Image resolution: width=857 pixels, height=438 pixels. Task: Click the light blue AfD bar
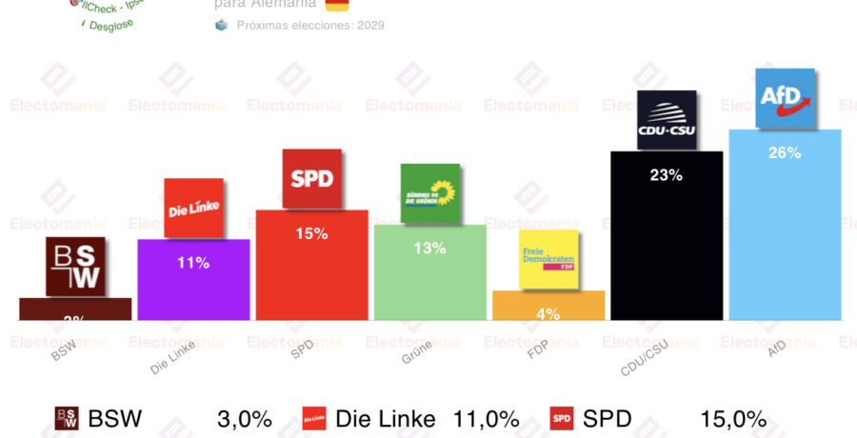tap(785, 238)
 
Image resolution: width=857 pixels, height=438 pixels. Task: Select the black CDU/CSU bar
tap(667, 248)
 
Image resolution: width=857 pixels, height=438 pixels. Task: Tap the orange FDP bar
tap(548, 306)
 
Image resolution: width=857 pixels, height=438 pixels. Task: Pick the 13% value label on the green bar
tap(429, 249)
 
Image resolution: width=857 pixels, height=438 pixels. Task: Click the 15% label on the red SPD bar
tap(311, 233)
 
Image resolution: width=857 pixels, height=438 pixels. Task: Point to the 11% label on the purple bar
tap(193, 263)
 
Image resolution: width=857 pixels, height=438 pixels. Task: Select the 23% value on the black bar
tap(667, 175)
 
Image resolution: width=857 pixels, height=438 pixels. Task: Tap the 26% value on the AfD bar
tap(785, 152)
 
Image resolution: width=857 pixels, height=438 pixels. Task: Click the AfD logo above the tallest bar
tap(785, 98)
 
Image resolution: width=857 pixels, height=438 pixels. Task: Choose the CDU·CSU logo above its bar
tap(667, 120)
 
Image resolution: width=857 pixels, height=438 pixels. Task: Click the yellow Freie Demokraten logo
tap(548, 259)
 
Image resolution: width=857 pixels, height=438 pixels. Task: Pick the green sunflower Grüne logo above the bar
tap(429, 193)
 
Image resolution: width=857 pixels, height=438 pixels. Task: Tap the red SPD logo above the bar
tap(311, 178)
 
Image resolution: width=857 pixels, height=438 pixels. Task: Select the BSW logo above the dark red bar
tap(75, 267)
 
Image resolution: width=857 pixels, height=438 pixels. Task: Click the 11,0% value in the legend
tap(487, 419)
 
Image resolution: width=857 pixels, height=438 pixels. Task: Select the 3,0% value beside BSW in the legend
tap(246, 419)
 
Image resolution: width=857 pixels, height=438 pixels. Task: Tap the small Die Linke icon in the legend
tap(314, 419)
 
